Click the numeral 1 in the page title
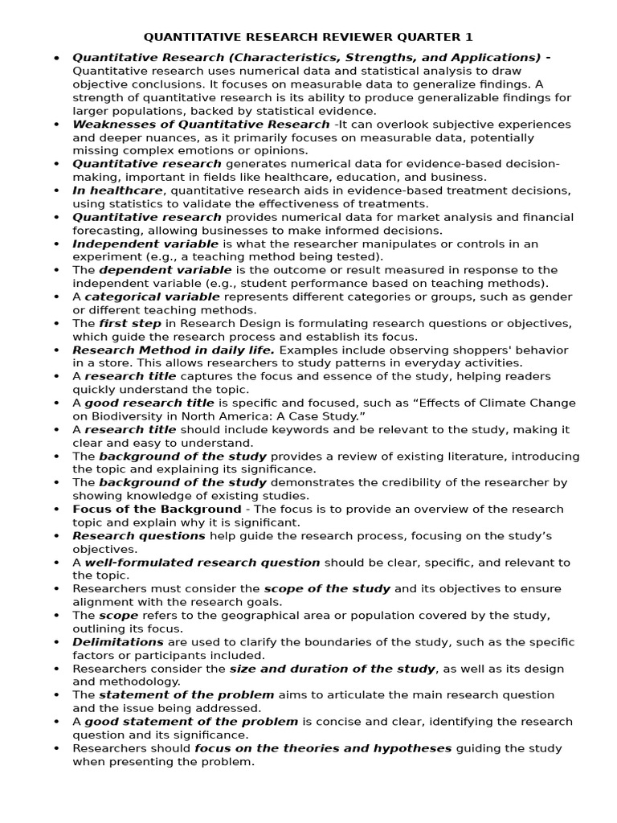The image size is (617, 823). (470, 37)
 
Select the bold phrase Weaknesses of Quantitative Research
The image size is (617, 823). (201, 125)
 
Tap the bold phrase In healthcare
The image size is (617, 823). (118, 190)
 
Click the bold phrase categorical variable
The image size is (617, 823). (146, 297)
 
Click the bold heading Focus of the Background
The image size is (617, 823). (157, 509)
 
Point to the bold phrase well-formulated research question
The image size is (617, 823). (202, 562)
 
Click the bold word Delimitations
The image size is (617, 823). (118, 641)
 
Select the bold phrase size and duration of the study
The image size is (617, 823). (332, 668)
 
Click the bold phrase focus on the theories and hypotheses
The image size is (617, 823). (323, 747)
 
